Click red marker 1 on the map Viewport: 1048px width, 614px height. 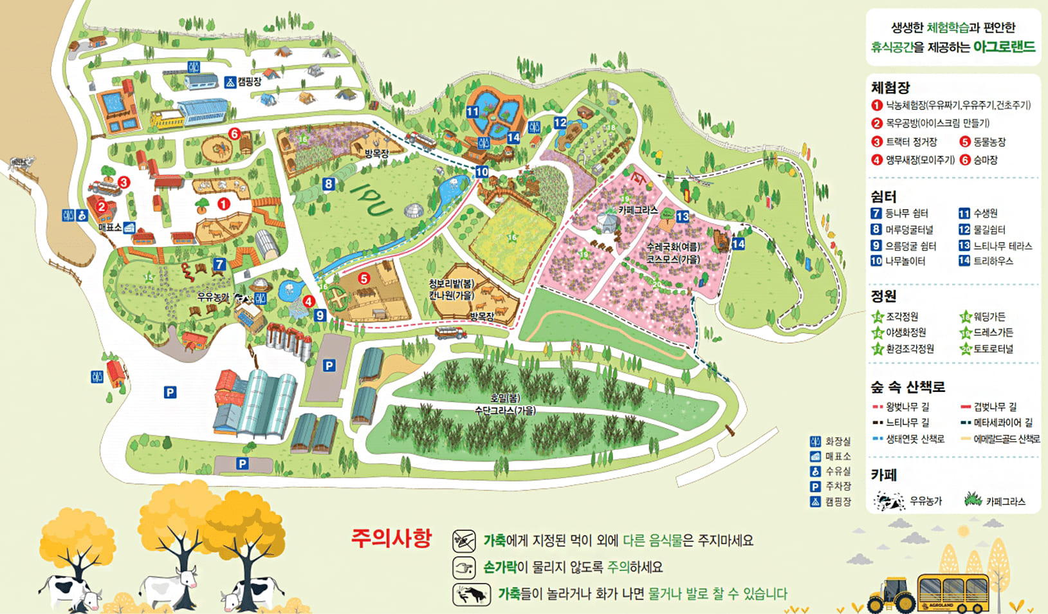223,204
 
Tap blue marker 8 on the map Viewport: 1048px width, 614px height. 329,184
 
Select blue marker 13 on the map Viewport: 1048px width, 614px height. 683,217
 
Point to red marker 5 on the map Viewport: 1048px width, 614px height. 364,279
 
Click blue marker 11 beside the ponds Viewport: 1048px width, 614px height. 473,111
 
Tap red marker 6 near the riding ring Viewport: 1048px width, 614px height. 234,134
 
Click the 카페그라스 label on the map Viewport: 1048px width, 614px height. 638,210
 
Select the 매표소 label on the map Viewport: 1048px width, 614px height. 110,227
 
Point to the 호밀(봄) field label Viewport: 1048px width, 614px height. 505,398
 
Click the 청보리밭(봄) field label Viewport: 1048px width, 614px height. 452,284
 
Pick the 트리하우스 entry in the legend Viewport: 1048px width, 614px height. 993,261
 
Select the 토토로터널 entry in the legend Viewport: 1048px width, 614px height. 993,349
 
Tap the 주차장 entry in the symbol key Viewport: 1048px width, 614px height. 838,487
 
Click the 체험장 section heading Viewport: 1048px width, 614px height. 890,88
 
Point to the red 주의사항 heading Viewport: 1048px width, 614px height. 391,537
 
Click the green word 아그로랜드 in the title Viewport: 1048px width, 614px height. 1004,47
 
